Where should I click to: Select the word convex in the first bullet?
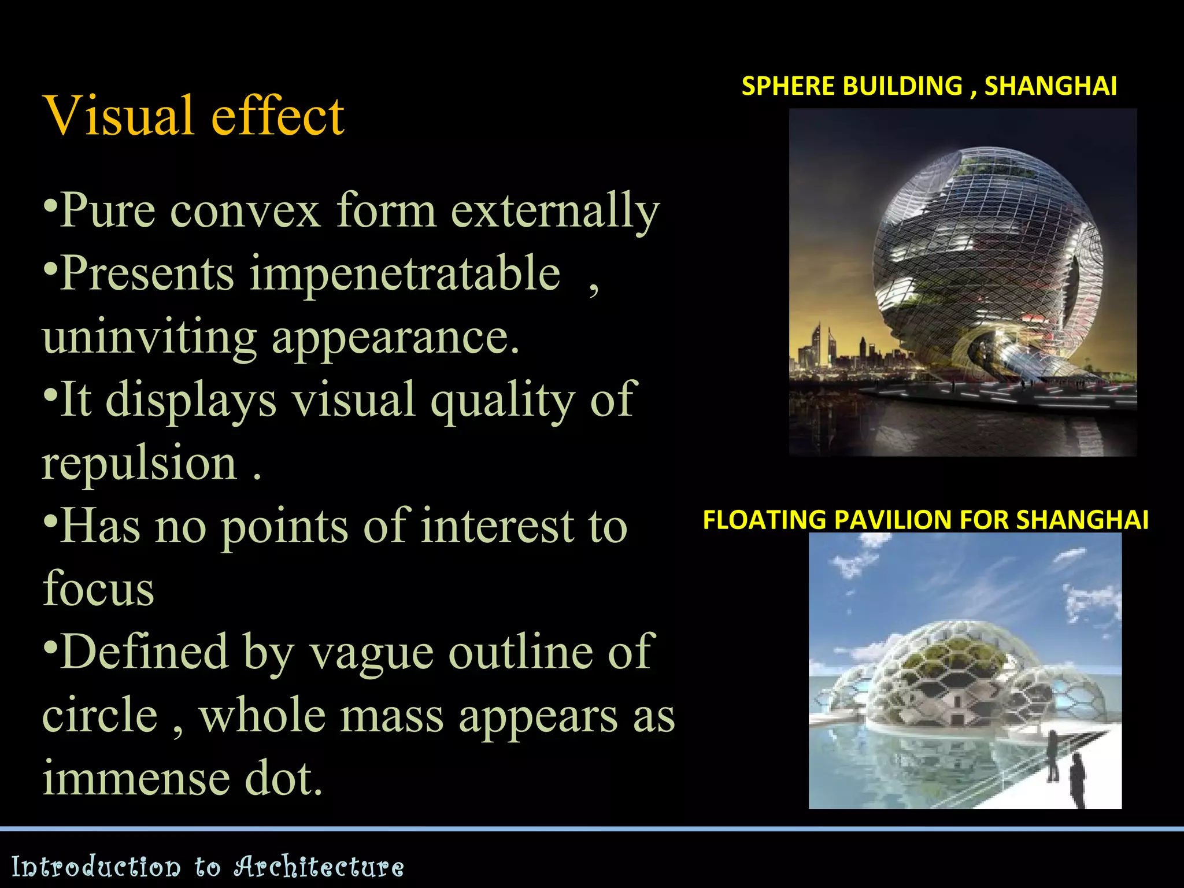245,211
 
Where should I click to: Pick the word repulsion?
139,464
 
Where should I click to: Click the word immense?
136,779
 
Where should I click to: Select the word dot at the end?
283,779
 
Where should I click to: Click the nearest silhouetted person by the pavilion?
1076,780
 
